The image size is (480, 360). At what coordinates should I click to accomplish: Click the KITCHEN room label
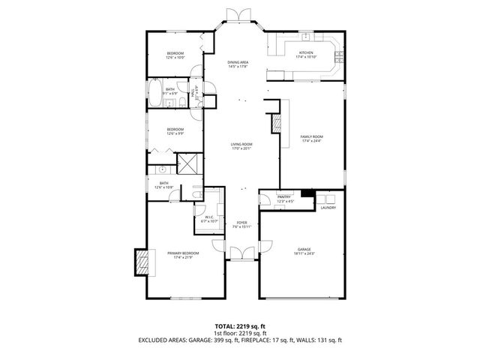[307, 53]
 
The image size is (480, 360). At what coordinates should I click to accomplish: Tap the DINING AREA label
[238, 64]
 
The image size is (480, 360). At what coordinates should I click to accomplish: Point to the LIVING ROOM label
[241, 144]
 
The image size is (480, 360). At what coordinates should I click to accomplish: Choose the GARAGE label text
[304, 249]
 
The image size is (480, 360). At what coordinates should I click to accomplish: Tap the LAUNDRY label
[328, 208]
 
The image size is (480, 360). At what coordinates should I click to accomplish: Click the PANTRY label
[285, 198]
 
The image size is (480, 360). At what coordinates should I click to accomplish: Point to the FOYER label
[241, 223]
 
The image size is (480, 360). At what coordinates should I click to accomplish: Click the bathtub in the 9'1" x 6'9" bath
[154, 96]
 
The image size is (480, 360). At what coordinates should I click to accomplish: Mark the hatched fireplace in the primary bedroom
[139, 259]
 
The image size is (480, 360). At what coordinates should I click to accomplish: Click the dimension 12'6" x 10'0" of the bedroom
[175, 58]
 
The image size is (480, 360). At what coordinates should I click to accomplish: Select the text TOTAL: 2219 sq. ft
[240, 325]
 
